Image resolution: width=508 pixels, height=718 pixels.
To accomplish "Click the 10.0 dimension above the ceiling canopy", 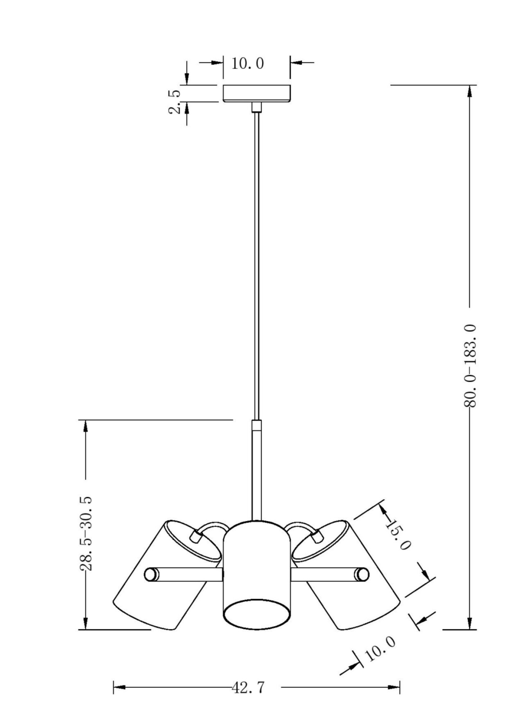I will (248, 64).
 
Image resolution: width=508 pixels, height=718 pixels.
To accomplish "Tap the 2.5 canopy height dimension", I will (175, 101).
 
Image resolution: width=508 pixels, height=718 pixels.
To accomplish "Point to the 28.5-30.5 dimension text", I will (86, 533).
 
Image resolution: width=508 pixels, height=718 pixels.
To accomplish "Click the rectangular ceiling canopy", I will (257, 93).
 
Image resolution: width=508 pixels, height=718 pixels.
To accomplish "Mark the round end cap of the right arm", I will (363, 574).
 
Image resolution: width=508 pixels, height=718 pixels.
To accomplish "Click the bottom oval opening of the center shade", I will (257, 614).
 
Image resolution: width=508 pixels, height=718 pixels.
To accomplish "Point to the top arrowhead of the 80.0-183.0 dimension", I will (470, 91).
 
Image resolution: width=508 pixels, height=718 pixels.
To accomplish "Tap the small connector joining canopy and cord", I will (257, 107).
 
